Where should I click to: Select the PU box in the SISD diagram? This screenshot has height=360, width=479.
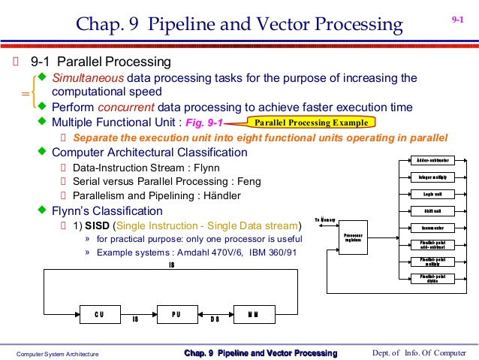(x=174, y=314)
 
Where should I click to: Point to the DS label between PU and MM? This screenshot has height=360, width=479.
(x=214, y=319)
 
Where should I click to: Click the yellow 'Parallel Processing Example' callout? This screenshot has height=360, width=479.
(x=311, y=123)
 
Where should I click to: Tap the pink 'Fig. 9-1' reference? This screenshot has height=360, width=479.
(x=203, y=123)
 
